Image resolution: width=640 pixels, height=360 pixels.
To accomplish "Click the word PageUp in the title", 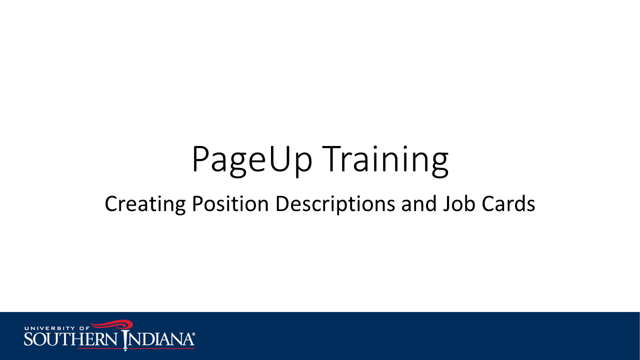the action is pos(252,160).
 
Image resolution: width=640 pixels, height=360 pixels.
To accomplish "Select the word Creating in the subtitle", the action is pos(145,204).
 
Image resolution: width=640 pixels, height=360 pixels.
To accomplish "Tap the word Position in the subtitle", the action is pos(230,203).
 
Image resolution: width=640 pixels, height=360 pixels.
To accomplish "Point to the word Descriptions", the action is pos(335,204).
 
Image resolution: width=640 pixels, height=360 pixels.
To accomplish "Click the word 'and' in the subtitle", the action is pos(419,203).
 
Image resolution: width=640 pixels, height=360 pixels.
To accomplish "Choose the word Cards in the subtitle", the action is pos(508,203).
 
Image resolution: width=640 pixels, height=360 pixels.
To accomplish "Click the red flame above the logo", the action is pos(112,324).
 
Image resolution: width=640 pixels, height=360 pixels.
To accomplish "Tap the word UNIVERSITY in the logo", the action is pos(49,328).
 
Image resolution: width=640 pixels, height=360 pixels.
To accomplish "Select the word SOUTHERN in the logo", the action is pos(70,339).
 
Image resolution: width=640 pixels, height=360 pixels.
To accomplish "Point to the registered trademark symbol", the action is pos(193,334).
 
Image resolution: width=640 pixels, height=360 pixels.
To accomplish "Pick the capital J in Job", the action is pos(447,204).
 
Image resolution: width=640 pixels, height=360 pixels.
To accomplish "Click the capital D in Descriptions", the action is pos(283,203).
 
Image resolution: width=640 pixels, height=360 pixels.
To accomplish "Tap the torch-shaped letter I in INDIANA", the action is pos(125,340).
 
